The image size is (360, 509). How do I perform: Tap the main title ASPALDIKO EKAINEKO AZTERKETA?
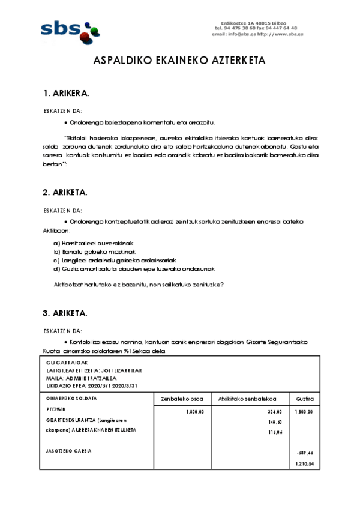[179, 61]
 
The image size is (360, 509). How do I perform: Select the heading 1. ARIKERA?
[66, 94]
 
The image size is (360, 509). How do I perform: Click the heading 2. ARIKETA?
[65, 192]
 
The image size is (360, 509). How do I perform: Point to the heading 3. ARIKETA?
[65, 313]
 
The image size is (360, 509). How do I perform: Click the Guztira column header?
[305, 398]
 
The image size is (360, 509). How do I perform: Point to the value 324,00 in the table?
[274, 412]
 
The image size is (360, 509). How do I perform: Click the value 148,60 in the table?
[275, 422]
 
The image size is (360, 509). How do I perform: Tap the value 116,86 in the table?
[275, 432]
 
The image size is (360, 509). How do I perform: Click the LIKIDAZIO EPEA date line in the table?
[92, 385]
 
